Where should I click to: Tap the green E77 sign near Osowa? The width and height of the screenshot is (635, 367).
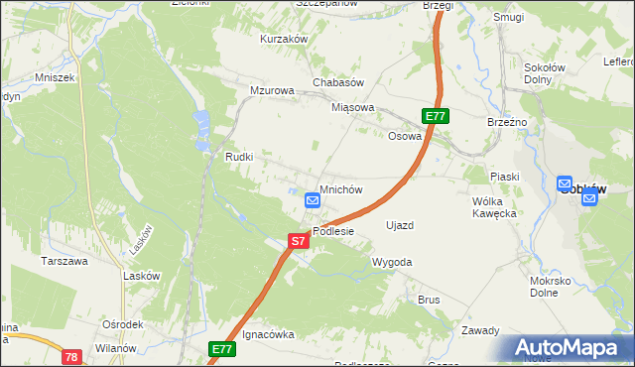pyautogui.click(x=436, y=117)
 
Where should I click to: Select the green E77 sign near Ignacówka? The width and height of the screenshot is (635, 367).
pyautogui.click(x=221, y=350)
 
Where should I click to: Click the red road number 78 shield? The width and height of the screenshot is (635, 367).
pyautogui.click(x=70, y=356)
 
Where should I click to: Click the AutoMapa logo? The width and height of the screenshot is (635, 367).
pyautogui.click(x=565, y=347)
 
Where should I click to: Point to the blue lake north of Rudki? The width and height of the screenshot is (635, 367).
pyautogui.click(x=202, y=125)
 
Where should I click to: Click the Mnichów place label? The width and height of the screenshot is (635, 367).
pyautogui.click(x=340, y=188)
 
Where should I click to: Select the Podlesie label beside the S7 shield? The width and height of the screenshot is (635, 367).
pyautogui.click(x=333, y=231)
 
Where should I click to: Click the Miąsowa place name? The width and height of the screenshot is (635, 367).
pyautogui.click(x=353, y=107)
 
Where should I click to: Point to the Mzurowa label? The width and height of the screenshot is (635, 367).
pyautogui.click(x=273, y=90)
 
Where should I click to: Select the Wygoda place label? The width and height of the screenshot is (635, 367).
pyautogui.click(x=391, y=262)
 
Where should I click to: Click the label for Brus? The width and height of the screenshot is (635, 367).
pyautogui.click(x=429, y=299)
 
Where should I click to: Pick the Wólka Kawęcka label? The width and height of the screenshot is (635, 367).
pyautogui.click(x=495, y=206)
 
